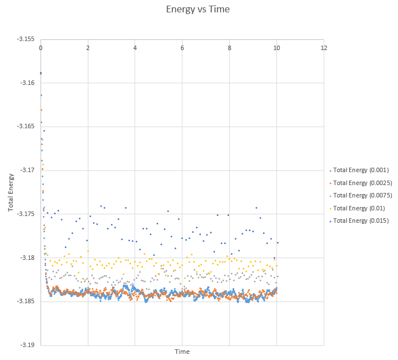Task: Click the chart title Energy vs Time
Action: tap(198, 9)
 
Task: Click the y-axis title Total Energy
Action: tap(11, 192)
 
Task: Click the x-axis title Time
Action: tap(182, 352)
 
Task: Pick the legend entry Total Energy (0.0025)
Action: tap(363, 183)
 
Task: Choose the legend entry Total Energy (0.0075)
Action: tap(363, 195)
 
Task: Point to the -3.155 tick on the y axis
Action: tap(26, 39)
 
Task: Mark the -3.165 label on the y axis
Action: tap(26, 127)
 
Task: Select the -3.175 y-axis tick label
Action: tap(26, 214)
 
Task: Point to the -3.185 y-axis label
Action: tap(26, 301)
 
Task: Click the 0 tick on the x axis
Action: tap(41, 48)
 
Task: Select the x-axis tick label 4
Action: tap(135, 48)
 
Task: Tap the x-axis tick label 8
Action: tap(230, 48)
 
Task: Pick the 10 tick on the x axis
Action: tap(276, 48)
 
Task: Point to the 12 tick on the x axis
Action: tap(324, 48)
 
